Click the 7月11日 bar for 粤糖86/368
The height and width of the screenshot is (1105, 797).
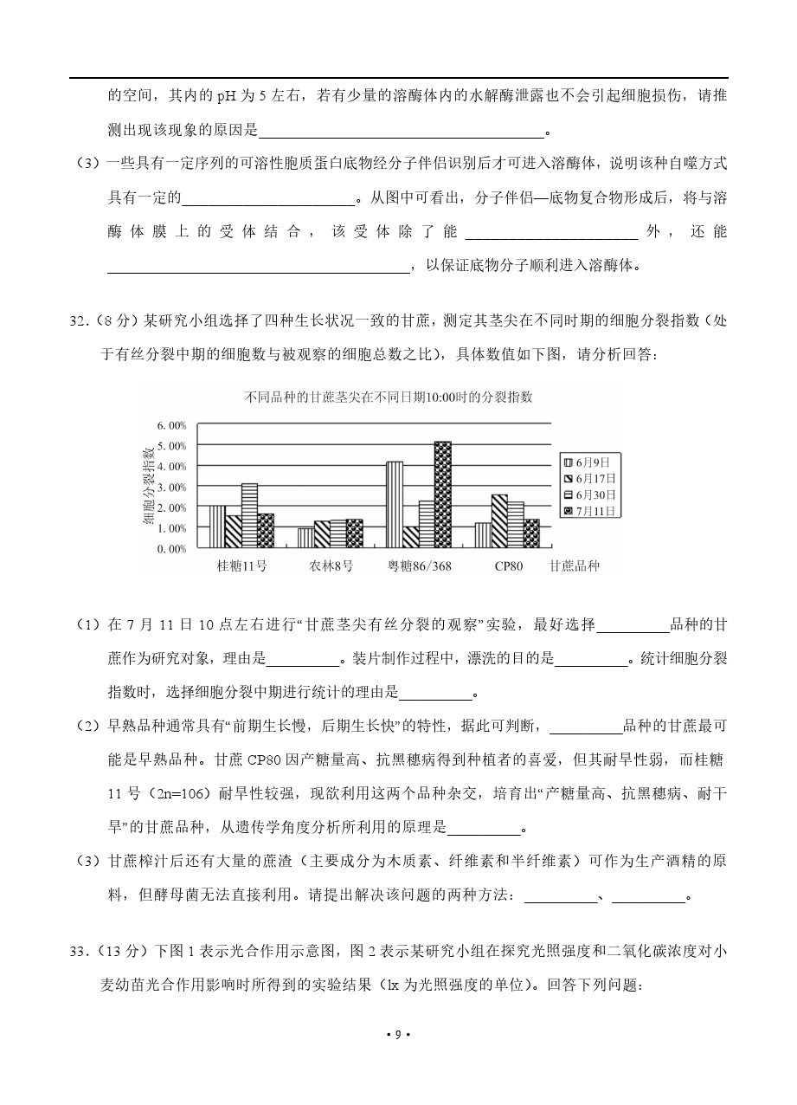coord(442,494)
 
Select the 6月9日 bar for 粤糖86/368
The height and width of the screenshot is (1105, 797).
coord(395,505)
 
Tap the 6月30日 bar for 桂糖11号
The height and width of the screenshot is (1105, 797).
coord(249,515)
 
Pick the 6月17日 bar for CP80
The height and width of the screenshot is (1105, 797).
coord(499,521)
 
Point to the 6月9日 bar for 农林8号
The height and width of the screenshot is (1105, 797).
coord(305,538)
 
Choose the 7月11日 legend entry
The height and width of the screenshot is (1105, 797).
coord(593,511)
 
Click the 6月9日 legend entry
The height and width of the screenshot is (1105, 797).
coord(593,462)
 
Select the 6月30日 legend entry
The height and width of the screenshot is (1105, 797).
coord(593,494)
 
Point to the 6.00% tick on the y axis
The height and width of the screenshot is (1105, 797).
coord(171,425)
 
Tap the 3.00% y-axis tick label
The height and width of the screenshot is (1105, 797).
coord(171,487)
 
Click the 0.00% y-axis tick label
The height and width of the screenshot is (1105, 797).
coord(171,548)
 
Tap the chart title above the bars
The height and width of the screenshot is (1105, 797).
coord(389,397)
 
